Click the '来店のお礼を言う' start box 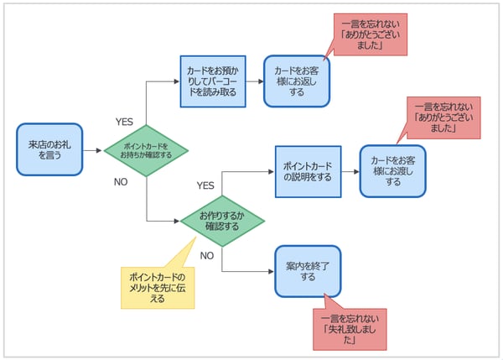tap(49, 150)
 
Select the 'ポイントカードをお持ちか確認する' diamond tap(146, 150)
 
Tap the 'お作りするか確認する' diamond tap(222, 222)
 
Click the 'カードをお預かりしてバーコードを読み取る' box tap(213, 81)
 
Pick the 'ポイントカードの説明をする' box tap(308, 172)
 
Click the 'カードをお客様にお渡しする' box tap(392, 171)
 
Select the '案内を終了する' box tap(308, 272)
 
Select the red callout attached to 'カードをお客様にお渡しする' tap(444, 118)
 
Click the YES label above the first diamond tap(124, 122)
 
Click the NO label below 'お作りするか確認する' tap(206, 255)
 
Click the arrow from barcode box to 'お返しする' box tap(255, 81)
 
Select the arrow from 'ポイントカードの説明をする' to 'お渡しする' tap(350, 172)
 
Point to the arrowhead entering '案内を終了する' tap(271, 272)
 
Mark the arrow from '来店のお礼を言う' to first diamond tap(92, 150)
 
